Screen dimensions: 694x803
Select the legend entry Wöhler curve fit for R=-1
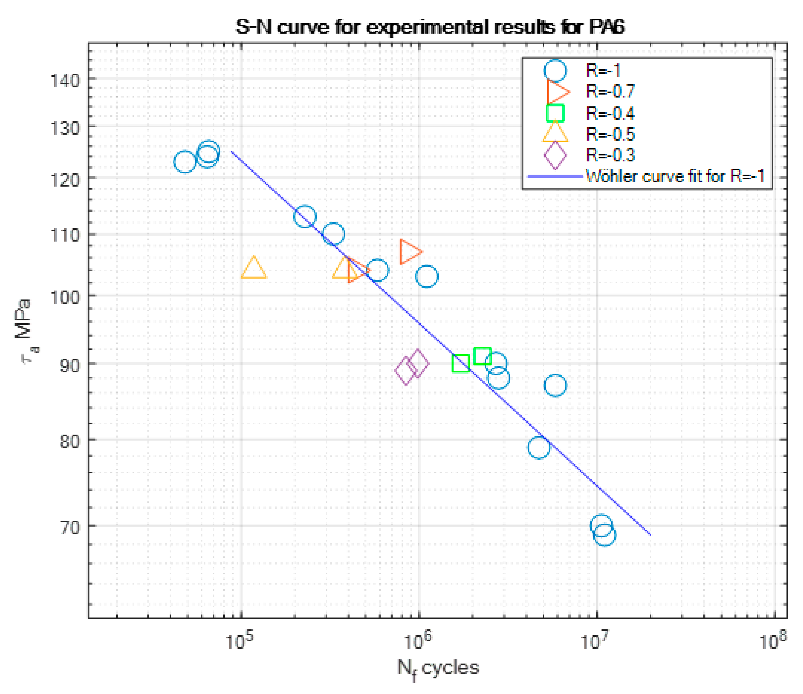coord(675,176)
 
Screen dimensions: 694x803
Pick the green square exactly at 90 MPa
coord(461,363)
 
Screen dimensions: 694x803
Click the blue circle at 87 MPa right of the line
coord(555,385)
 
